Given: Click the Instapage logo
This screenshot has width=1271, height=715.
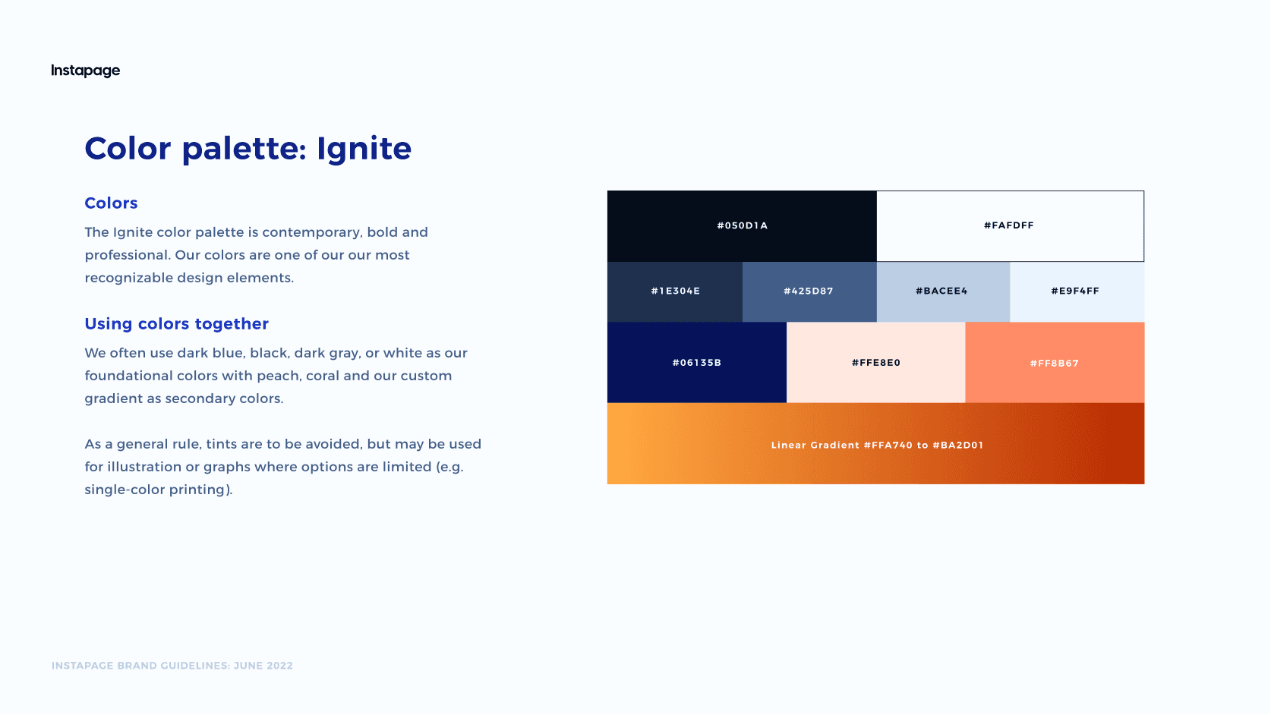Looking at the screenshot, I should (x=85, y=71).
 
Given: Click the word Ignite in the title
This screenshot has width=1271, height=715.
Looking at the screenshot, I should (x=364, y=150).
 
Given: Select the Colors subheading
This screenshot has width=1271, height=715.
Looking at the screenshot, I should (x=111, y=203).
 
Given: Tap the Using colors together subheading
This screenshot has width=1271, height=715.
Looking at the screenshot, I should (x=176, y=324).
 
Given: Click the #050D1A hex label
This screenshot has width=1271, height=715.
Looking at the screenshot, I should (x=742, y=225).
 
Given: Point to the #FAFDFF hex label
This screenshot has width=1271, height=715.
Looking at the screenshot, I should (x=1008, y=225).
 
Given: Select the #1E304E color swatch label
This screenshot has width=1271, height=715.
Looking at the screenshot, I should (x=675, y=291).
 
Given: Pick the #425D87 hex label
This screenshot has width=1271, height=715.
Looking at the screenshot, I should (x=808, y=291).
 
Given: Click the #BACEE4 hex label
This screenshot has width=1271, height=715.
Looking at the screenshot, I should (x=941, y=291).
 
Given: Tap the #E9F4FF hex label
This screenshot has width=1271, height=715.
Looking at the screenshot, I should (x=1075, y=291).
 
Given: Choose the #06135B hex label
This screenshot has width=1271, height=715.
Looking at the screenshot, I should (x=696, y=363).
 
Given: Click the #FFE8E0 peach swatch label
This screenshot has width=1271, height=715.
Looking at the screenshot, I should (x=875, y=363).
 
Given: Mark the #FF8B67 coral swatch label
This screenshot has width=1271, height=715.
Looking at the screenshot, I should (x=1054, y=364).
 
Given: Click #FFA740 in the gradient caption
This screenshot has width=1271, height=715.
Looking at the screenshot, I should (x=888, y=446).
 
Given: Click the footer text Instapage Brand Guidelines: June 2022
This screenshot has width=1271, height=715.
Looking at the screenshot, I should (x=172, y=666).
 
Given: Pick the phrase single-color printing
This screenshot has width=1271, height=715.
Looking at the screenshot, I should (x=157, y=490).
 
